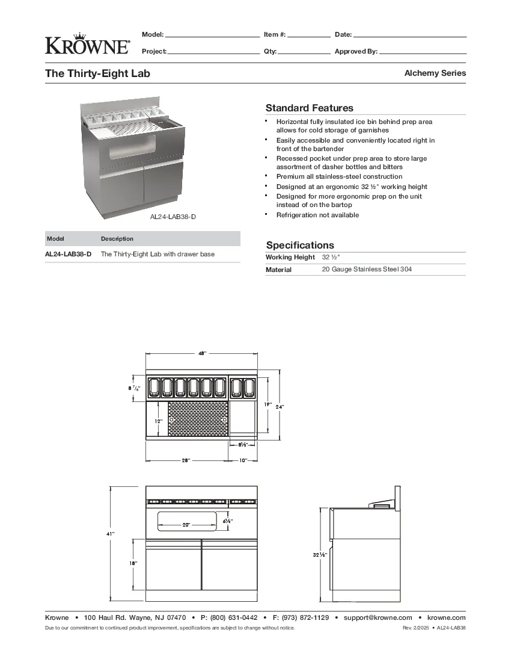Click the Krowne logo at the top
click(x=87, y=43)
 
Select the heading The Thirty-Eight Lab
click(x=98, y=73)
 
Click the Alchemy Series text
click(x=435, y=73)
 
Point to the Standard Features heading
click(x=310, y=108)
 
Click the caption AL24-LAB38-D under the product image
click(x=173, y=217)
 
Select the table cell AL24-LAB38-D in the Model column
click(x=69, y=255)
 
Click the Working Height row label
click(x=290, y=258)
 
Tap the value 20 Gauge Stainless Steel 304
click(x=367, y=270)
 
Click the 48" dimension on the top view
click(x=202, y=354)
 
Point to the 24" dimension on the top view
click(x=280, y=407)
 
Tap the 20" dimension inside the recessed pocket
click(x=186, y=525)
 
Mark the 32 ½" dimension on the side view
click(x=319, y=555)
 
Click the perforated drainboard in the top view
click(x=198, y=419)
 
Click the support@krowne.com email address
click(x=378, y=617)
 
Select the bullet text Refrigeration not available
click(x=317, y=215)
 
